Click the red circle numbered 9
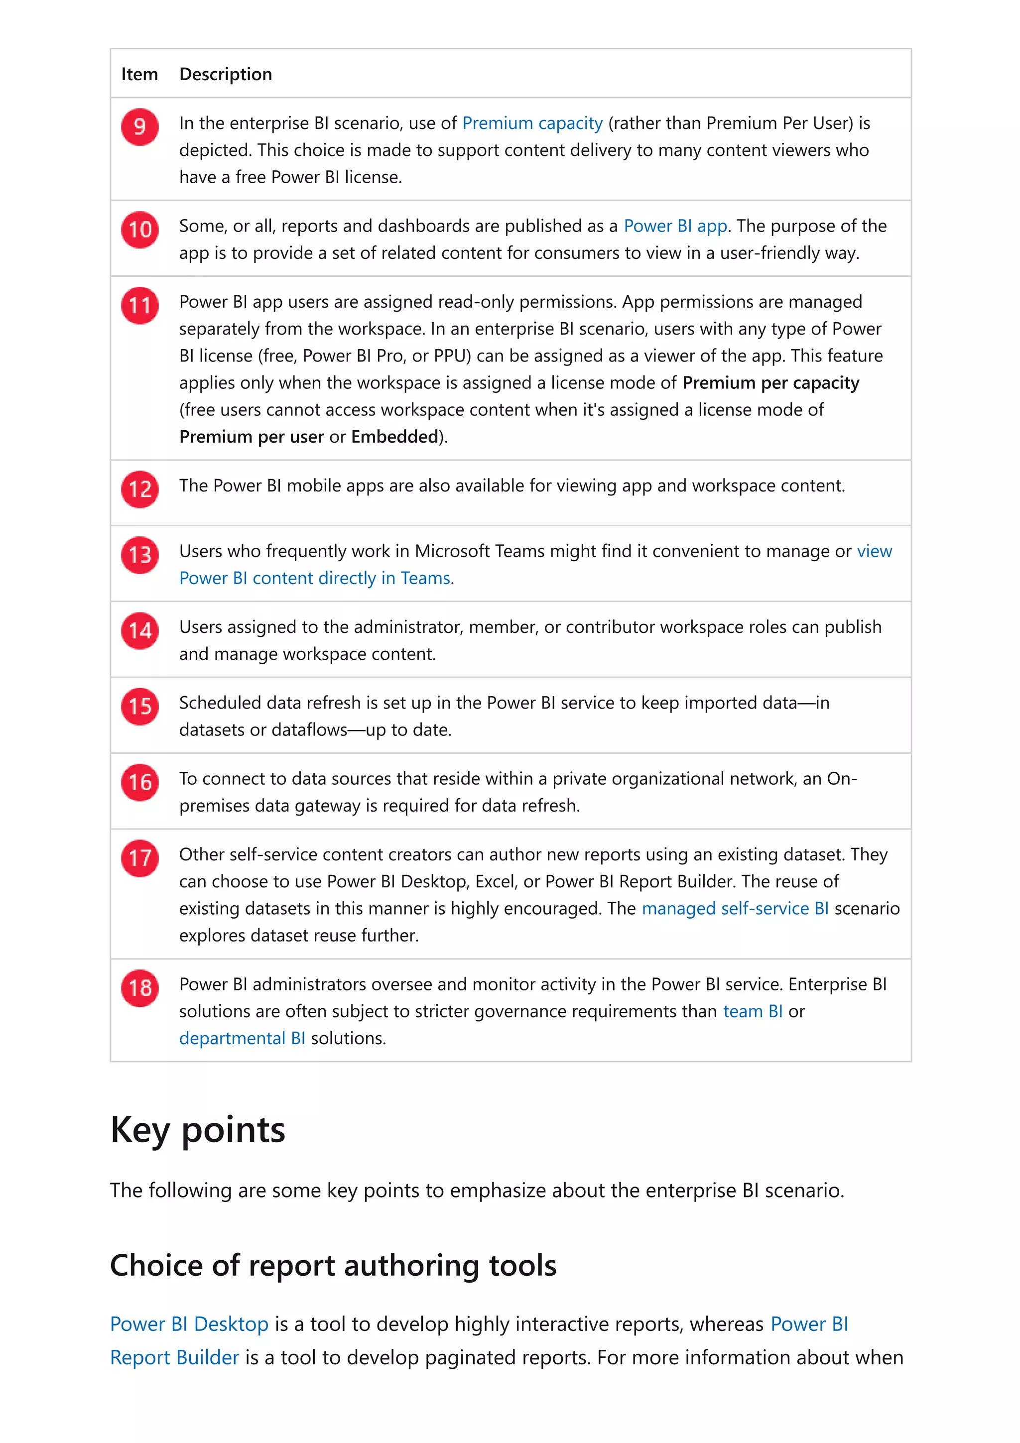(x=139, y=126)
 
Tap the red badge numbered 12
(x=139, y=489)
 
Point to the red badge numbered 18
(x=139, y=987)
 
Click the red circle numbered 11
(x=139, y=305)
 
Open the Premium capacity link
(x=532, y=123)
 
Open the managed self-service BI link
(x=735, y=908)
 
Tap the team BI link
(x=752, y=1011)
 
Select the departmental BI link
(x=242, y=1038)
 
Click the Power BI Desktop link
(x=189, y=1323)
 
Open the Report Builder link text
(x=175, y=1357)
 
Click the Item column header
(x=139, y=74)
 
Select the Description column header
(x=226, y=74)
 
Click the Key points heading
(x=197, y=1129)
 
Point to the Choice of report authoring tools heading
(x=333, y=1265)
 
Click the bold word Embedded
(x=394, y=437)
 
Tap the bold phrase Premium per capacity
(x=770, y=383)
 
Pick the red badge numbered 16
(x=139, y=782)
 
